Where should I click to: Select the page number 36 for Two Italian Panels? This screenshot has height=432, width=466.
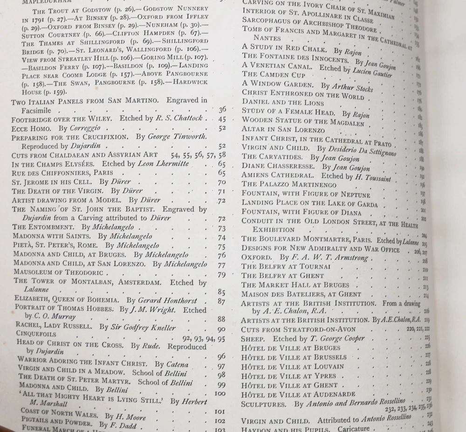222,110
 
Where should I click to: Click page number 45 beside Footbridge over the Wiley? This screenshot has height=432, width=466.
222,119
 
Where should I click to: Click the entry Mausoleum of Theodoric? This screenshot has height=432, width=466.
58,272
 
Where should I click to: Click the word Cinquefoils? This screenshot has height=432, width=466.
36,334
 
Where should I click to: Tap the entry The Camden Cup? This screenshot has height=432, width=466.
274,75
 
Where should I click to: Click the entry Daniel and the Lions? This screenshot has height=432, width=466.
282,103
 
